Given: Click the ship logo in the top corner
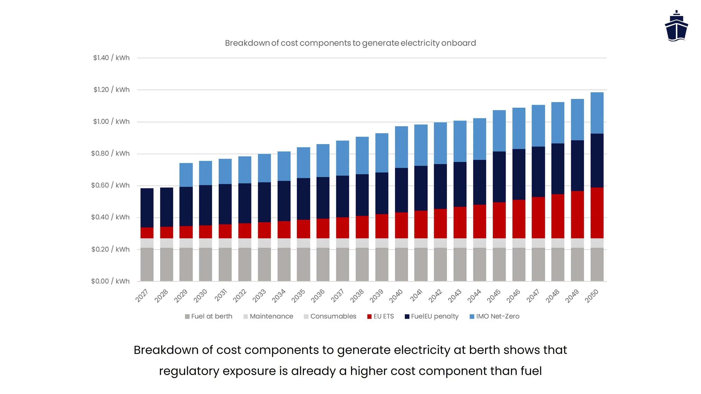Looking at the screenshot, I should tap(676, 27).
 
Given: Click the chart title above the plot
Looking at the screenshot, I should tap(350, 43).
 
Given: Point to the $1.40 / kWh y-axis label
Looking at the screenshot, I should tap(111, 58).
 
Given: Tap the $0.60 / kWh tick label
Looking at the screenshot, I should tap(110, 185).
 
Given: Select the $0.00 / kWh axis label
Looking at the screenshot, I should tap(110, 281).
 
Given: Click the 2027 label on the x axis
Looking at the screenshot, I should tap(142, 296).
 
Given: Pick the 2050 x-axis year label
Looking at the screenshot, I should tap(591, 296).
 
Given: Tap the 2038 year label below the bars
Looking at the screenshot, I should tap(357, 296).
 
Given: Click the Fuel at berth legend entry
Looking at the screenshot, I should tap(209, 316).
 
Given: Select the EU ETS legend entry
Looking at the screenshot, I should tap(381, 316).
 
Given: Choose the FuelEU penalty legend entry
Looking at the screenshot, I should tap(432, 316).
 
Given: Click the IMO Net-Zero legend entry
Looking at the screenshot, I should tap(494, 316).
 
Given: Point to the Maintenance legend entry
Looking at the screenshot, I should tap(268, 316).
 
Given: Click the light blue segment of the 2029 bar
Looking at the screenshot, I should tap(186, 175).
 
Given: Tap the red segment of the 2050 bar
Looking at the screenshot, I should tap(597, 213).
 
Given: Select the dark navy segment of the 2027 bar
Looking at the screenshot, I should tap(147, 208).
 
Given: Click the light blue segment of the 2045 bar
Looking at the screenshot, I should tap(499, 131).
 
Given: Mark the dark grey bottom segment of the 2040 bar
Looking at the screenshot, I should tap(401, 264).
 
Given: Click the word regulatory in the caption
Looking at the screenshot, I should tap(189, 371).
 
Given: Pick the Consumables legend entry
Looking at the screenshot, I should tap(330, 316).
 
